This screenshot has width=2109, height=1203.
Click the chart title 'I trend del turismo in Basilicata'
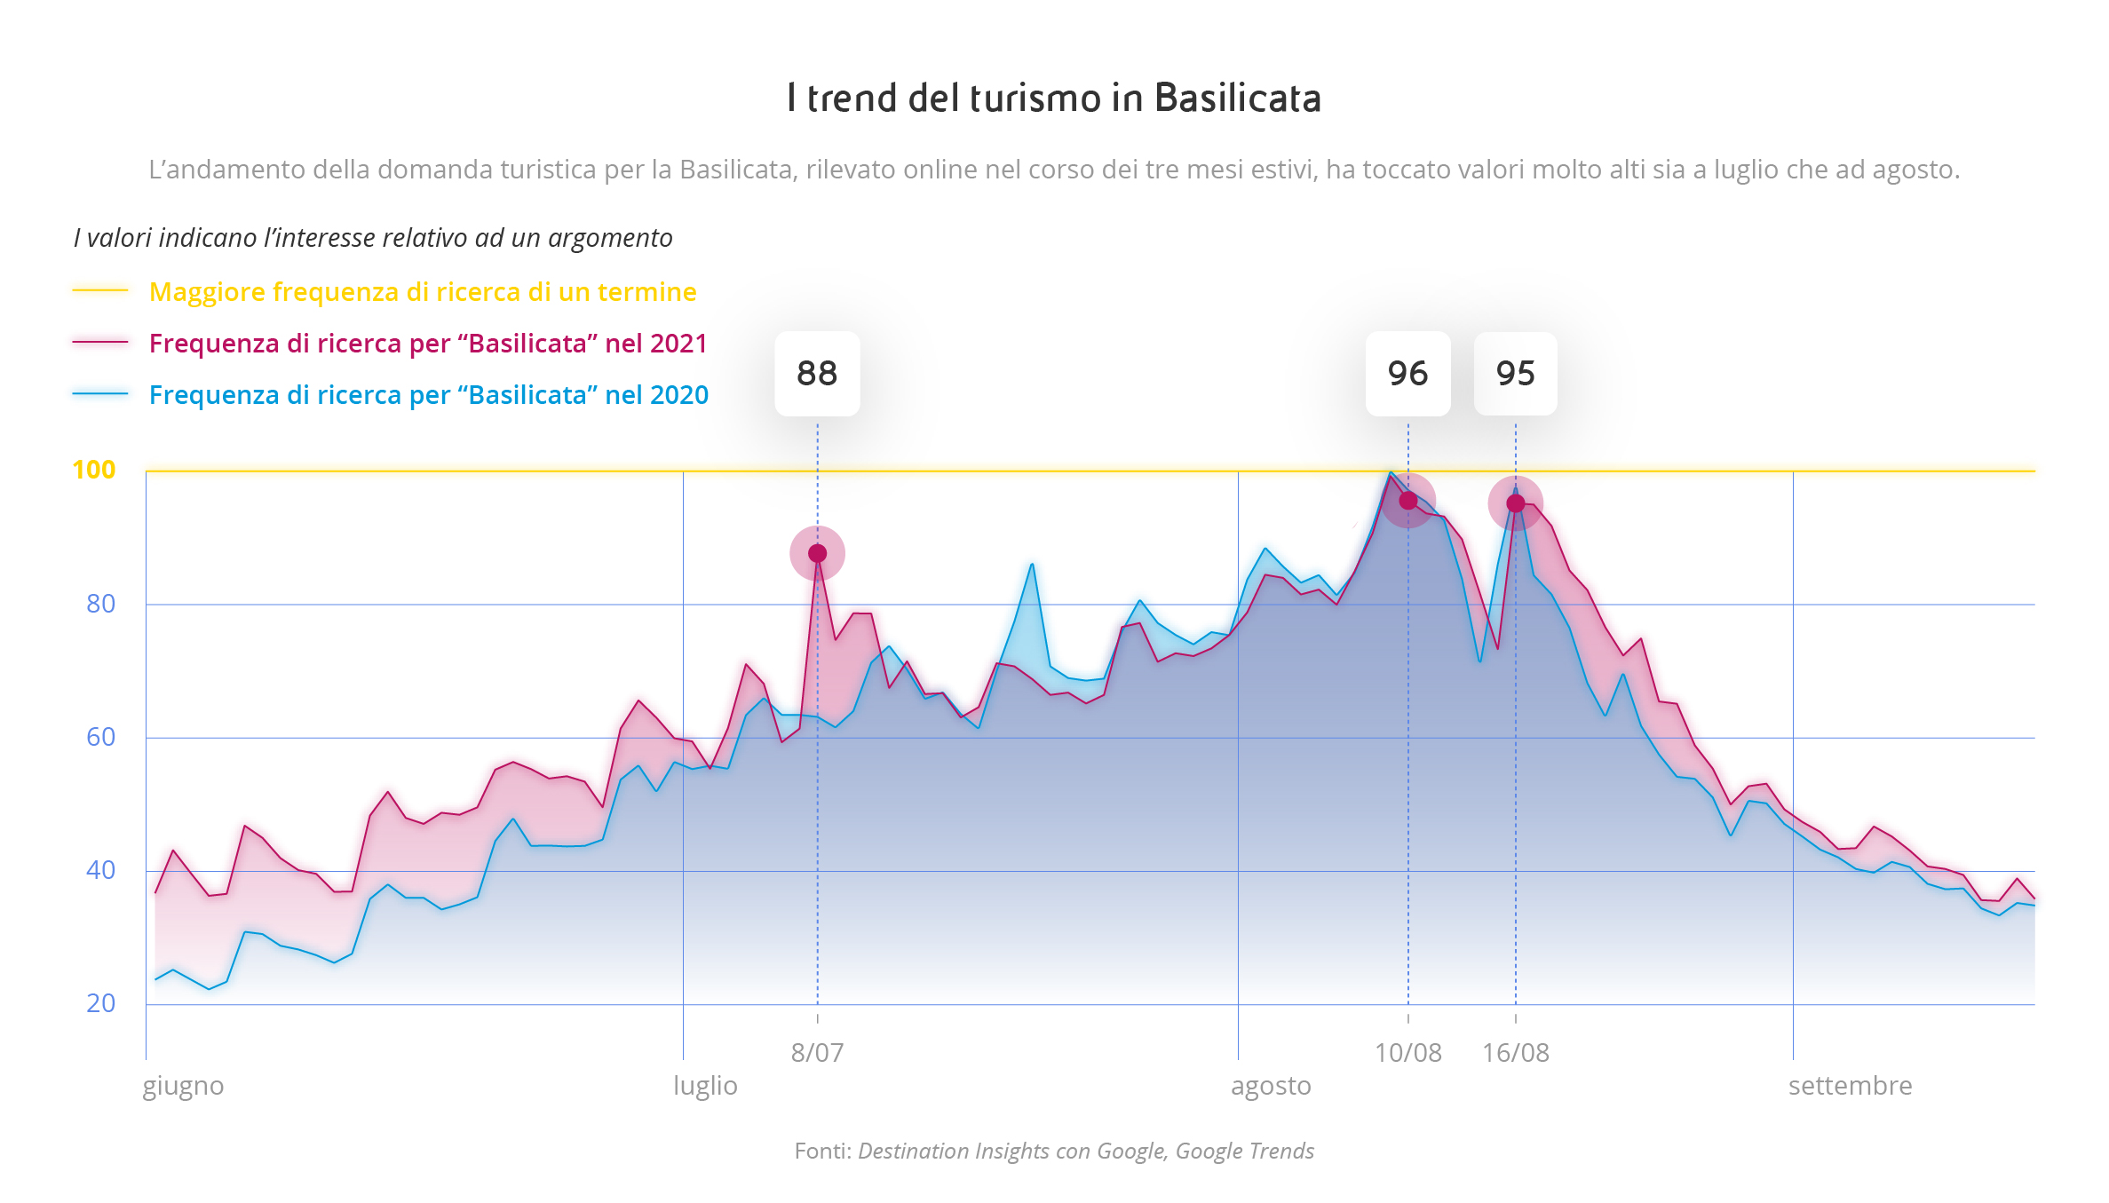pos(1054,98)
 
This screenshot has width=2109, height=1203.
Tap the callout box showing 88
pos(817,374)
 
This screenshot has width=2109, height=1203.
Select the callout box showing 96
pos(1407,374)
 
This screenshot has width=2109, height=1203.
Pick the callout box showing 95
pos(1515,374)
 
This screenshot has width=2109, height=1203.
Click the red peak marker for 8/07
pos(817,554)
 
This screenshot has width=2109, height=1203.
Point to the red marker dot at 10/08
pos(1407,501)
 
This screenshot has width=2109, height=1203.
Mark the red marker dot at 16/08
pos(1515,503)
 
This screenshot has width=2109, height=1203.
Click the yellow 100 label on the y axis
pos(94,470)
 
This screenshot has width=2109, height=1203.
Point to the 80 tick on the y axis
pos(101,604)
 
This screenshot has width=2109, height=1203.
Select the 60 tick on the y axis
pos(101,737)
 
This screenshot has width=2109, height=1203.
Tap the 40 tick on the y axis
pos(101,870)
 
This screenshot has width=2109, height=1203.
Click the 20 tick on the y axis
pos(101,1003)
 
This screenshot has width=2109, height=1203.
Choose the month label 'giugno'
pos(183,1086)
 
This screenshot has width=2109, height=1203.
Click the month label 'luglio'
pos(705,1086)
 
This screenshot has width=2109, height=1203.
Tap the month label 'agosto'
pos(1271,1086)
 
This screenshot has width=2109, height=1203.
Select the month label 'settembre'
pos(1850,1086)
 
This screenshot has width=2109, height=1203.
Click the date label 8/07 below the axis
pos(817,1053)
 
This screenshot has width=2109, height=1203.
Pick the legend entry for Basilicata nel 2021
pos(428,344)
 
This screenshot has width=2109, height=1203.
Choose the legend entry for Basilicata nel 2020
pos(428,395)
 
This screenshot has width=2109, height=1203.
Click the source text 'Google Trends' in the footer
pos(1244,1151)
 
